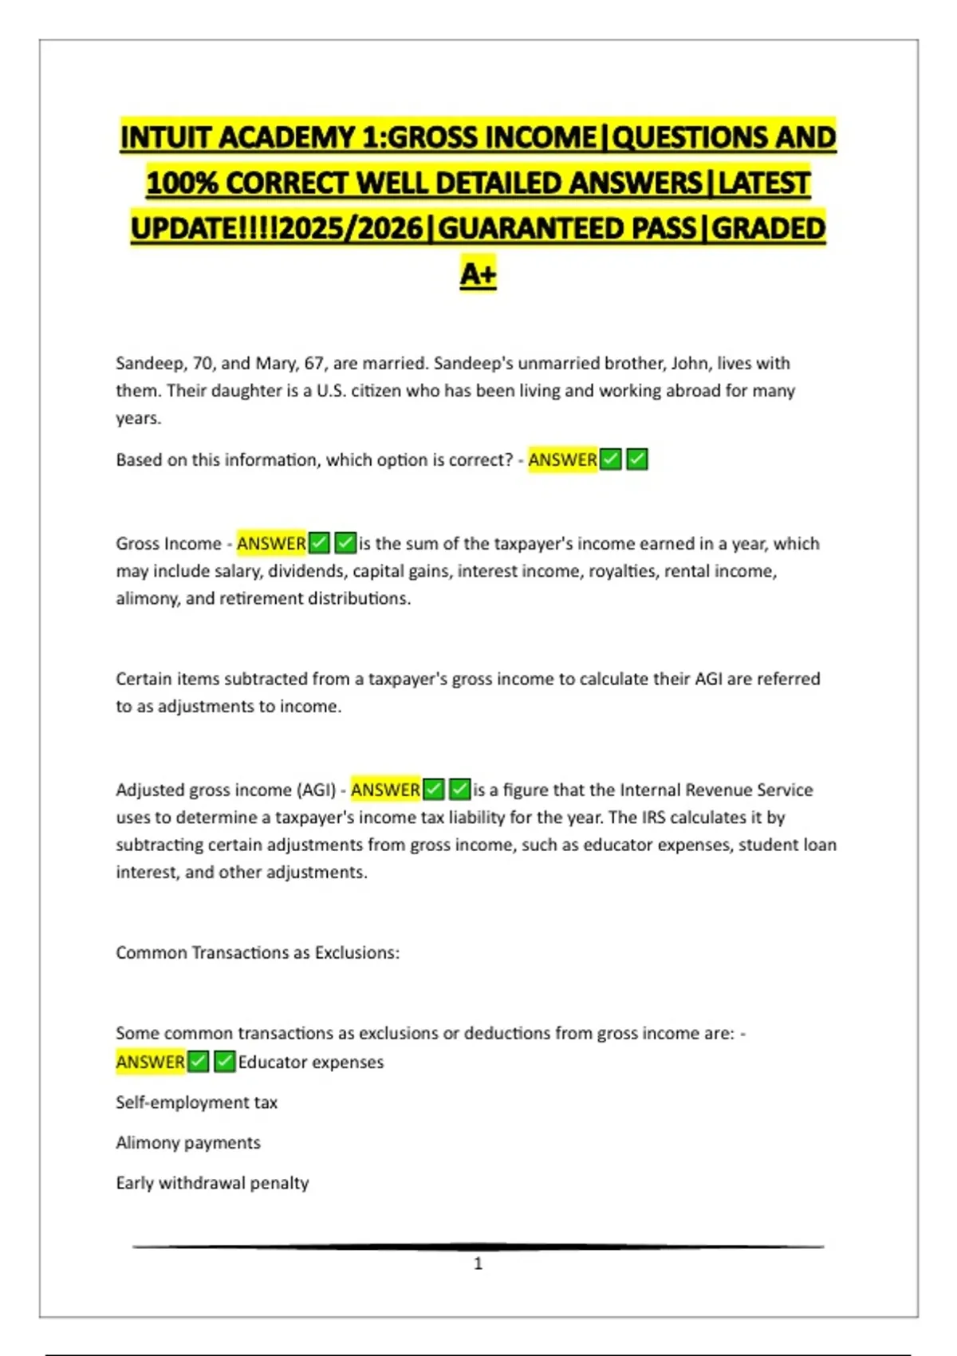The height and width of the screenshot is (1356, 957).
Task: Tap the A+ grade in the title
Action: click(x=478, y=274)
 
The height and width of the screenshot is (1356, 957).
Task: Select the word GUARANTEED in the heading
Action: click(x=566, y=229)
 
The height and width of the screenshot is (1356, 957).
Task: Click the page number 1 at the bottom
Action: click(x=478, y=1263)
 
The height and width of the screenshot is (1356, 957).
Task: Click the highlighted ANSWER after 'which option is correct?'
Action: click(x=562, y=460)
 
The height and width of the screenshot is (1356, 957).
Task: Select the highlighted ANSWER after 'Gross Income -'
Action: click(x=271, y=544)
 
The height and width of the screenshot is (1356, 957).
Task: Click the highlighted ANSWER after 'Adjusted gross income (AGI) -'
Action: click(x=385, y=790)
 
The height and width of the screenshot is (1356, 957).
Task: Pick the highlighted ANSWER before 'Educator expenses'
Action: click(x=150, y=1062)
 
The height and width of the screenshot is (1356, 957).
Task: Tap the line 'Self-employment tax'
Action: click(x=196, y=1102)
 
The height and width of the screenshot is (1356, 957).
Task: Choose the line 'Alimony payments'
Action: click(x=188, y=1143)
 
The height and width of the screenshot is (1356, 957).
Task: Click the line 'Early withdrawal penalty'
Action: click(x=212, y=1183)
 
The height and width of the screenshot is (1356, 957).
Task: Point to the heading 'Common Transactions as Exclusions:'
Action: click(x=258, y=953)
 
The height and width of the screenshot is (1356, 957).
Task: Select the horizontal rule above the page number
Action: click(x=478, y=1246)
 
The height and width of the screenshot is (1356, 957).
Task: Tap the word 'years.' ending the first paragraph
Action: click(x=139, y=418)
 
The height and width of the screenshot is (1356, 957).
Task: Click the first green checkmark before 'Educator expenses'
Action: click(x=199, y=1062)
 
